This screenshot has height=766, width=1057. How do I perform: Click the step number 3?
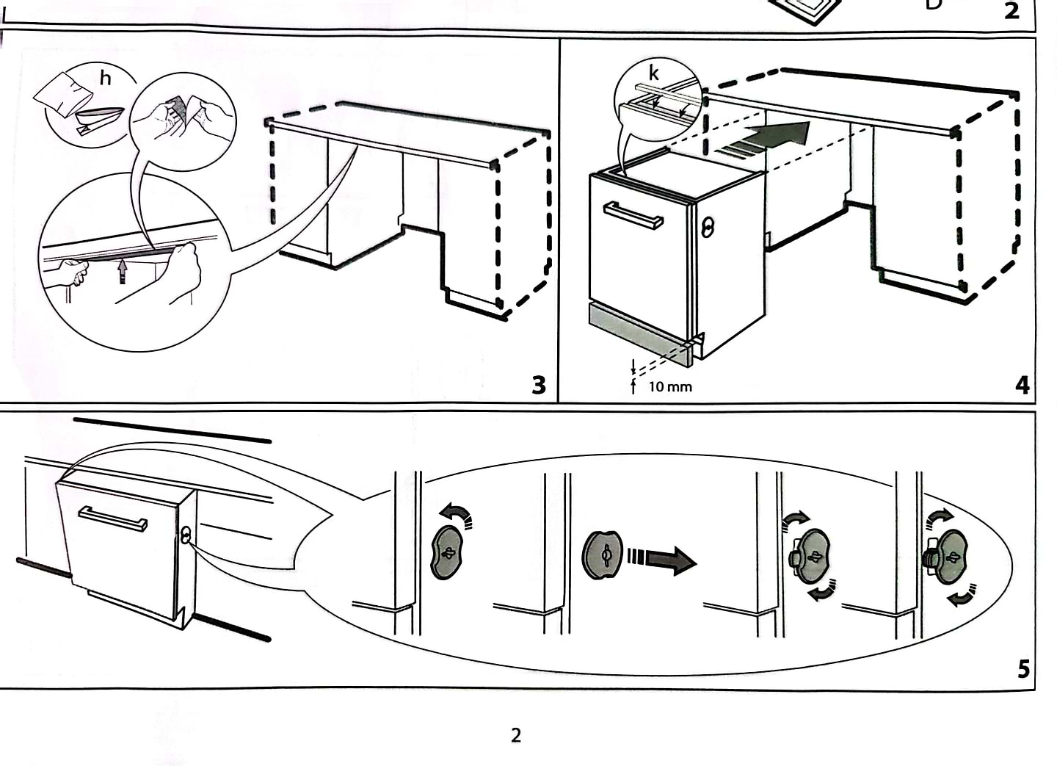539,384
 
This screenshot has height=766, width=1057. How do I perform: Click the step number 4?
1023,384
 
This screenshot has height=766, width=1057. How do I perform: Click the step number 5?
1023,669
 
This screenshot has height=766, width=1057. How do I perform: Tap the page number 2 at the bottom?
516,735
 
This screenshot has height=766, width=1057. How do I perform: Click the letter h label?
106,78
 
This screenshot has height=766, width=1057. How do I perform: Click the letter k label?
653,73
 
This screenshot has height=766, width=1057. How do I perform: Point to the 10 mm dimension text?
669,386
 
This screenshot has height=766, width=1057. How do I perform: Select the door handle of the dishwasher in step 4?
633,215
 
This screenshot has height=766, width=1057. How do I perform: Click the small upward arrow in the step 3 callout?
123,272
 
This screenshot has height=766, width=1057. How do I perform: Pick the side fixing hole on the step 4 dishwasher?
708,227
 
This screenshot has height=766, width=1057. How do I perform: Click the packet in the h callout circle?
64,94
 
